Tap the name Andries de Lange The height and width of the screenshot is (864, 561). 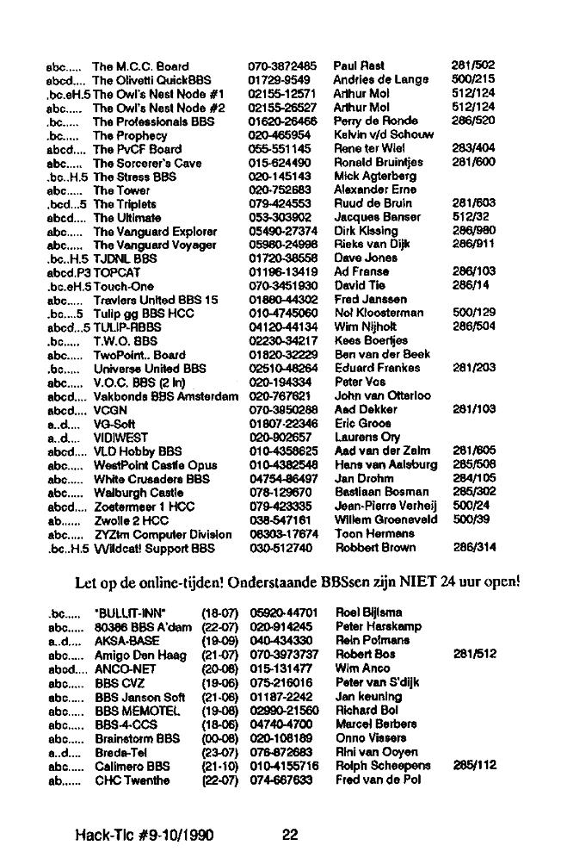(380, 79)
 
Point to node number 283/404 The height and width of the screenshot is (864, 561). (473, 148)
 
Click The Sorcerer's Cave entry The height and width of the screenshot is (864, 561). (147, 162)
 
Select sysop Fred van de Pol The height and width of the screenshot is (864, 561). (378, 780)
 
